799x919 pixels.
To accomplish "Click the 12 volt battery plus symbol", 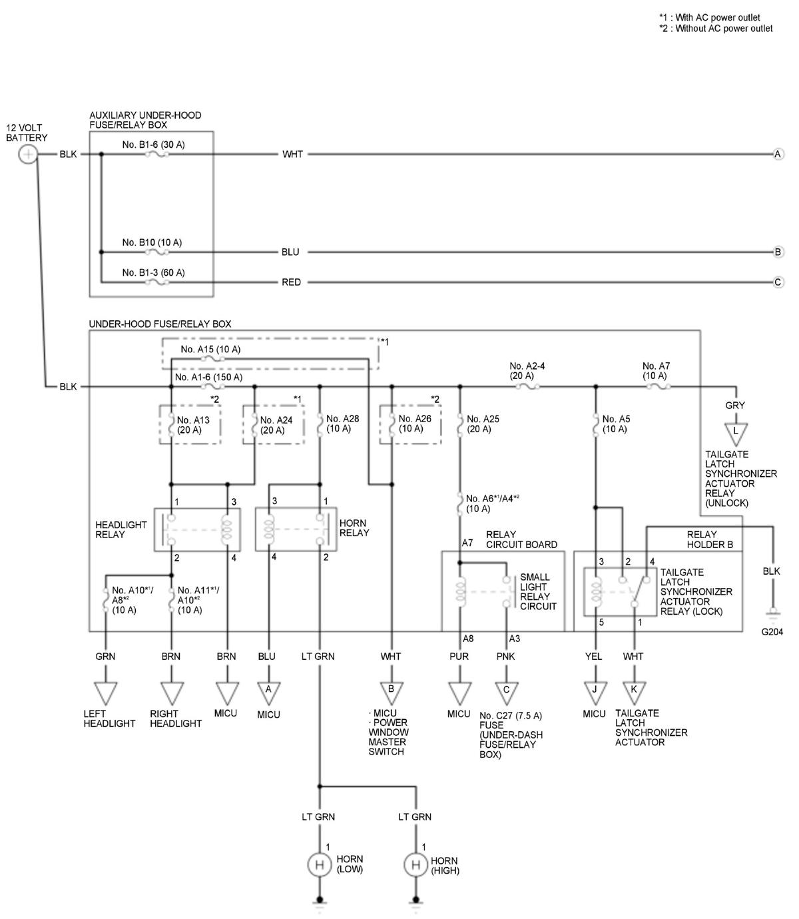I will [x=28, y=154].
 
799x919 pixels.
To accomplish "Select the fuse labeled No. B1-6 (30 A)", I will [x=156, y=154].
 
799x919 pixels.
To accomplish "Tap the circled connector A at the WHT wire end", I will [x=778, y=154].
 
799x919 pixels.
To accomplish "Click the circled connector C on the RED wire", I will [x=778, y=282].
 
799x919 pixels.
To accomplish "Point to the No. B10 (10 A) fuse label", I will [x=152, y=242].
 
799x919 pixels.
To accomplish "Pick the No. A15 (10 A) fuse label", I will [x=210, y=349].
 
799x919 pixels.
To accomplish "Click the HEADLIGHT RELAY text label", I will [x=121, y=529].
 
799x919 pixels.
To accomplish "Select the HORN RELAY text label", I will [x=354, y=528].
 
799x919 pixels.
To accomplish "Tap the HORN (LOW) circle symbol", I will [x=319, y=864].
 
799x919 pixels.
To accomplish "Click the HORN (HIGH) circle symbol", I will [x=415, y=864].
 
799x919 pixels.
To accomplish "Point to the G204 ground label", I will [x=772, y=632].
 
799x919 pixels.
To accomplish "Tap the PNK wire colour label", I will [x=505, y=656].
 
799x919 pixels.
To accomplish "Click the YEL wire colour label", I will [x=593, y=656].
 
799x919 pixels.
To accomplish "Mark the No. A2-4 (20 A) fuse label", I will [x=527, y=371].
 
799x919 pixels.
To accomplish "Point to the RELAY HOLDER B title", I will [x=710, y=539].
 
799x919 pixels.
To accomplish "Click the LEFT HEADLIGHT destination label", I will [x=109, y=719].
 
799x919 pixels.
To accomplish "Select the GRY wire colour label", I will [x=735, y=405].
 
